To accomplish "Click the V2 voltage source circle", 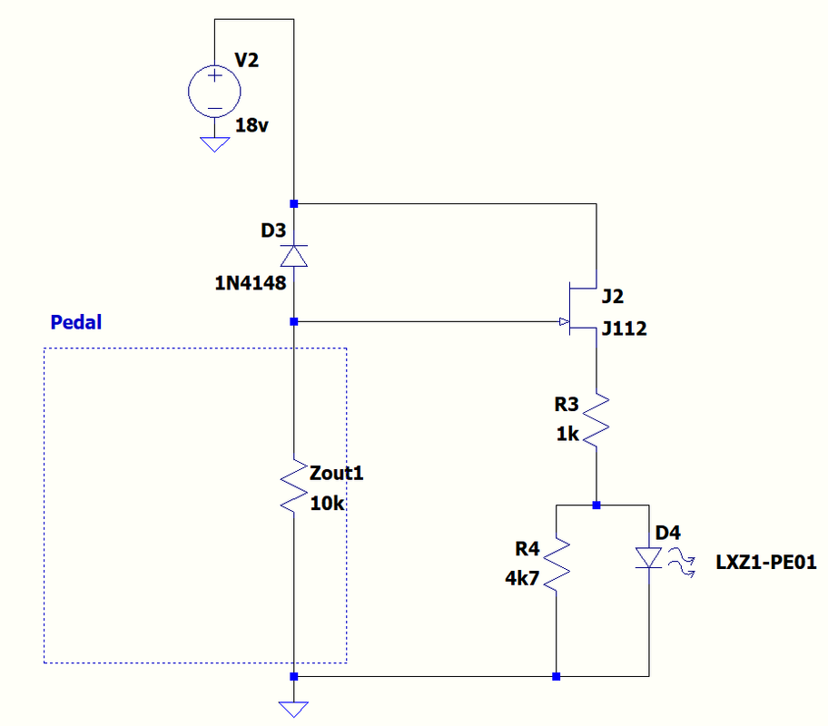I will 214,91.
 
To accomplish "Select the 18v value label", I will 251,126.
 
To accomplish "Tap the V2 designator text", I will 247,61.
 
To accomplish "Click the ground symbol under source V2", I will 214,143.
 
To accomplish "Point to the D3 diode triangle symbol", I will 293,255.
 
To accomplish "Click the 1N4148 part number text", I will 251,283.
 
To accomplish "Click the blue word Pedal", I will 76,322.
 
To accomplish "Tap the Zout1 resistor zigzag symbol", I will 293,488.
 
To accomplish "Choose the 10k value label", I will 327,505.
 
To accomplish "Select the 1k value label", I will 567,435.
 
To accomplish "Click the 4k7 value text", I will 522,578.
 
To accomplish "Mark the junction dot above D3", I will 293,203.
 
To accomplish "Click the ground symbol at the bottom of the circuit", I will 293,708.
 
